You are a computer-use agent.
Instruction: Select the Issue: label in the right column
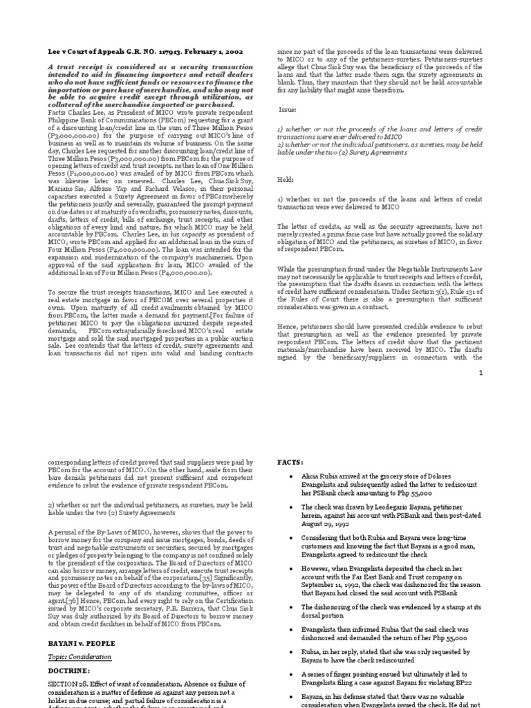click(287, 109)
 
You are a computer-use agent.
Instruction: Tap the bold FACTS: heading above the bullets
click(291, 461)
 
